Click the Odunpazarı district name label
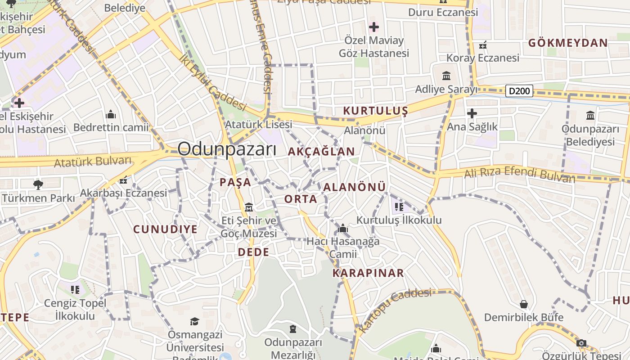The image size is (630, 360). click(227, 149)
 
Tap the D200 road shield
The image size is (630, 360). click(519, 91)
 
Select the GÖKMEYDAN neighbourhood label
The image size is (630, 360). click(568, 43)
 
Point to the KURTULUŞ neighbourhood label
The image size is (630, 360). click(375, 111)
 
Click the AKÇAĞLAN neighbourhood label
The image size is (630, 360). click(321, 152)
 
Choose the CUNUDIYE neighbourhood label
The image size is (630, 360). click(165, 229)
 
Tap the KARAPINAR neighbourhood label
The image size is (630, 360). click(368, 273)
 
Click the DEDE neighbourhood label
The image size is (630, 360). click(253, 252)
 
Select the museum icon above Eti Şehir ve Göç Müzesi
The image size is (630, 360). click(249, 207)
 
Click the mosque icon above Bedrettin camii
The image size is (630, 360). click(111, 114)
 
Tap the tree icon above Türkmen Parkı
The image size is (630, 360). click(38, 184)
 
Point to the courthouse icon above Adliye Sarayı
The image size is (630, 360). click(446, 76)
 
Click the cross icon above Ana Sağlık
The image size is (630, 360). click(472, 113)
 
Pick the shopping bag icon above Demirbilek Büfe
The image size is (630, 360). click(523, 304)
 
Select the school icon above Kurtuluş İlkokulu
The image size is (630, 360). click(399, 207)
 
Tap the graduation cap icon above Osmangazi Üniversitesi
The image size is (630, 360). click(194, 321)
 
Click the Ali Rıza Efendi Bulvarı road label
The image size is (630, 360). click(519, 175)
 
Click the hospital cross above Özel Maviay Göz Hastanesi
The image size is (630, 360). click(373, 27)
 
